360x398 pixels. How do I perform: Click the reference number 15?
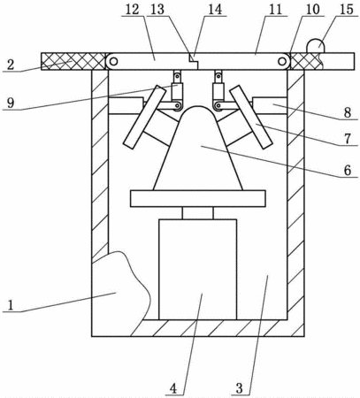[347, 10]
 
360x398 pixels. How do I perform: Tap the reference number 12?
[132, 10]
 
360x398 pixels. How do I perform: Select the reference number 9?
[11, 103]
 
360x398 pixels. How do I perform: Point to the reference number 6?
[348, 171]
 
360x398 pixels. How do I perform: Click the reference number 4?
[173, 388]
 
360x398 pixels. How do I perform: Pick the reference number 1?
[11, 305]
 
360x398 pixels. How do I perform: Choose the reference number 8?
[348, 112]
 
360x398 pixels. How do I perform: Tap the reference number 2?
[11, 65]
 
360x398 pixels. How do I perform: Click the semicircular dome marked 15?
[316, 46]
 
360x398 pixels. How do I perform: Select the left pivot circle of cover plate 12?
[113, 62]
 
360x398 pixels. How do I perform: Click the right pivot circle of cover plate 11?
[282, 62]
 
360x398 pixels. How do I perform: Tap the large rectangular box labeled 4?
[198, 270]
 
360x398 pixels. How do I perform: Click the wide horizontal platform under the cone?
[198, 199]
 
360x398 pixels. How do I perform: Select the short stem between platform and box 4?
[198, 213]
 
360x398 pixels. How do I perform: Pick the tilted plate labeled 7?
[251, 117]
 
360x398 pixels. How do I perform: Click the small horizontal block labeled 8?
[270, 105]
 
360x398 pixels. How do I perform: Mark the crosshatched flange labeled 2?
[73, 61]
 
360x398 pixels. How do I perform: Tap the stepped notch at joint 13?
[194, 59]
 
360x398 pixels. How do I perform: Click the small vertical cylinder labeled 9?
[177, 91]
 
